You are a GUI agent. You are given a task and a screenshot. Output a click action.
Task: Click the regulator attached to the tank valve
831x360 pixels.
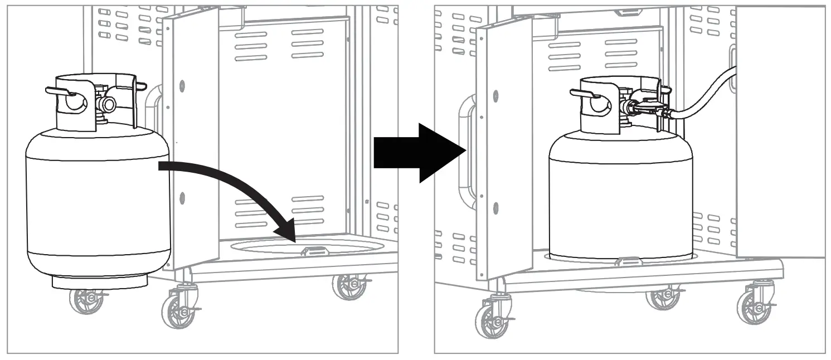647,107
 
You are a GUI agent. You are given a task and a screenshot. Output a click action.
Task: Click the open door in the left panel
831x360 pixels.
189,139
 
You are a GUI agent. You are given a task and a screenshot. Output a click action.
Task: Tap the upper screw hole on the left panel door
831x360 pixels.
182,85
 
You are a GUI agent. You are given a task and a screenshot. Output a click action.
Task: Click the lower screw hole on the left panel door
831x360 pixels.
182,197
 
